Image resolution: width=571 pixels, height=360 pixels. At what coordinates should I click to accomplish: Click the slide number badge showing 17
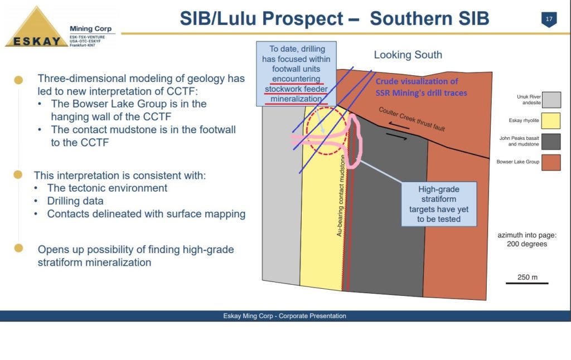point(549,20)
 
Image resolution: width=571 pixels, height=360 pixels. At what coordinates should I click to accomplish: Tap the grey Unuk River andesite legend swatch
point(551,100)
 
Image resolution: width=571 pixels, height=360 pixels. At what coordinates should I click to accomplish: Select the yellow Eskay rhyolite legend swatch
point(550,120)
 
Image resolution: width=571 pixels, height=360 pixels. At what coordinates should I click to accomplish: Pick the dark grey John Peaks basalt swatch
point(551,142)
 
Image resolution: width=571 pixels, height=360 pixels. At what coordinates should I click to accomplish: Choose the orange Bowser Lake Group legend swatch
point(551,162)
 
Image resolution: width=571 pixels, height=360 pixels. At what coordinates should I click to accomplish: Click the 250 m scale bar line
point(526,283)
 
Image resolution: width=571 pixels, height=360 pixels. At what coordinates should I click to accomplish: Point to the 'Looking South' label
point(408,55)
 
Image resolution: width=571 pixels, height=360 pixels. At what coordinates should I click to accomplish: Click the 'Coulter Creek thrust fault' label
point(412,119)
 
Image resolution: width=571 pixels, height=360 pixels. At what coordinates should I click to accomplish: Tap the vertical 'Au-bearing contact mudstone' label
point(341,196)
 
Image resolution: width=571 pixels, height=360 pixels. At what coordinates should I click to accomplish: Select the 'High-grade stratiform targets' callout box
point(439,204)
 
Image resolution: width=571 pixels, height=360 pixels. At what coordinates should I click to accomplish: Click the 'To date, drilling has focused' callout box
point(296,74)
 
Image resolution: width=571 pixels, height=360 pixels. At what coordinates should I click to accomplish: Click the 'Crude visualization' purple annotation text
point(421,87)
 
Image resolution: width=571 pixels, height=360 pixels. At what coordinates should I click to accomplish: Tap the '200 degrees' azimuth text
point(527,244)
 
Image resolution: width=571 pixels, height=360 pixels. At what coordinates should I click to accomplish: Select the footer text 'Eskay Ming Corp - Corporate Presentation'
point(284,316)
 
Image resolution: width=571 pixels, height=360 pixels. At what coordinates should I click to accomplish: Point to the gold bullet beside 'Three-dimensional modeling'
point(18,80)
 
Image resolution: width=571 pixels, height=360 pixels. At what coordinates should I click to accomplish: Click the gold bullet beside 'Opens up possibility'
point(18,248)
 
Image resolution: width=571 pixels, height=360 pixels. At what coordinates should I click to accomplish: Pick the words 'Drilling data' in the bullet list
point(75,201)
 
